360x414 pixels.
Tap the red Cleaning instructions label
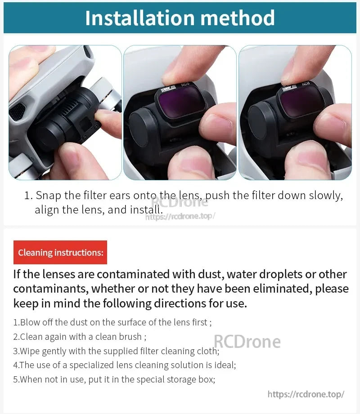click(60, 253)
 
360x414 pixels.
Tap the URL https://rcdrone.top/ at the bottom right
click(306, 394)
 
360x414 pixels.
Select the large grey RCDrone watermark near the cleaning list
click(247, 342)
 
